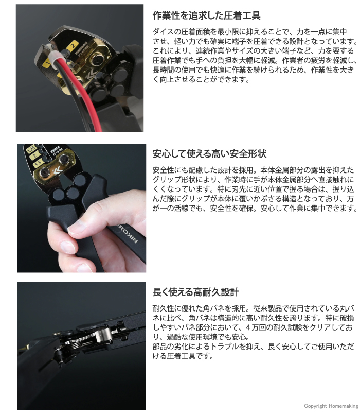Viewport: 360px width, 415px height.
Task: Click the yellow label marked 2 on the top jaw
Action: [x=73, y=45]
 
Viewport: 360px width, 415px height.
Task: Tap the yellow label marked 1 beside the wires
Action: [x=47, y=63]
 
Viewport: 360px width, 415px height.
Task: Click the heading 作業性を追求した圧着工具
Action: [x=206, y=15]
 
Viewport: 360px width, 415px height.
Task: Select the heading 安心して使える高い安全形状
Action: [x=209, y=154]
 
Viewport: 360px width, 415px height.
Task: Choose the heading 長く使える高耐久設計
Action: [x=196, y=292]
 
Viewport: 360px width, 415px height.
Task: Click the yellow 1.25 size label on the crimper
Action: [x=31, y=149]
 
